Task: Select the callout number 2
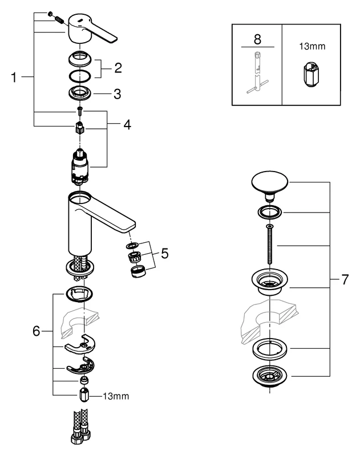(x=118, y=68)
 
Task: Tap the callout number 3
(x=116, y=93)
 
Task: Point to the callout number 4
(x=127, y=123)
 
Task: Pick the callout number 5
(x=164, y=253)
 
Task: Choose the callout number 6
(x=37, y=330)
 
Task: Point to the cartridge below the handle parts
(x=79, y=166)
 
